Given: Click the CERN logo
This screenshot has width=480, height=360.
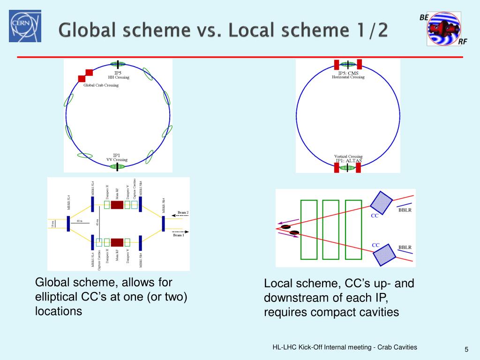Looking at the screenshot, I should tap(25, 26).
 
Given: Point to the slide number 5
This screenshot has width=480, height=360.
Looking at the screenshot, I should tap(466, 349).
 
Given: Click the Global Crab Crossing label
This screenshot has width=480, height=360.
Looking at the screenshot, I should tap(101, 85).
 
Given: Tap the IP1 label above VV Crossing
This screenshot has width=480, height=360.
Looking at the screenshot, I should tap(117, 155).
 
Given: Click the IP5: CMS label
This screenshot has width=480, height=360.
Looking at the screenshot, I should tap(348, 73).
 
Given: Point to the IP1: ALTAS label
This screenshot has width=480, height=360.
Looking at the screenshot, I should tap(348, 160).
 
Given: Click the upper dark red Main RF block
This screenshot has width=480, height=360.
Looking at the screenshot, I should tap(117, 204).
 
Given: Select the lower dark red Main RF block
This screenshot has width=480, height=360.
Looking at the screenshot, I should tap(117, 242).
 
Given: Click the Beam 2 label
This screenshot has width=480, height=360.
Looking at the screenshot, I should tap(183, 212).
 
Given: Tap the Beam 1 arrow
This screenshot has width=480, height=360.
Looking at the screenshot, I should tap(180, 231).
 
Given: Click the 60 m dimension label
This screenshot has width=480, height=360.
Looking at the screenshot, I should tap(79, 221).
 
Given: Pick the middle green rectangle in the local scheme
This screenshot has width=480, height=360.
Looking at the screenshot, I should tap(330, 229).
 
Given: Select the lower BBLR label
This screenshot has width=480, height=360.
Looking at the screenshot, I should tap(405, 247).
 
